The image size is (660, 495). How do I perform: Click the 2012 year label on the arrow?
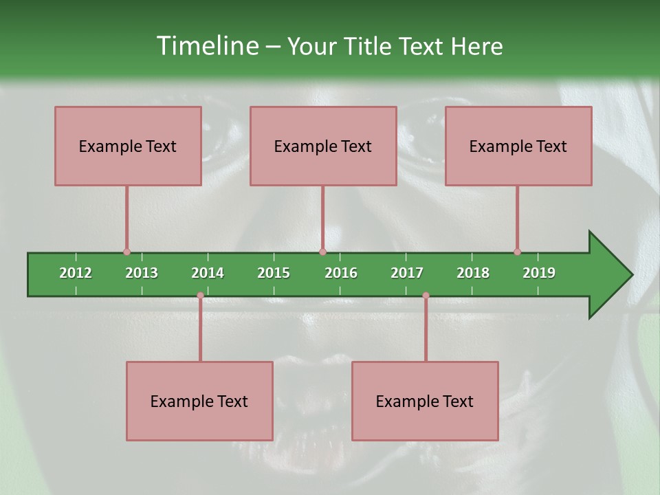(76, 273)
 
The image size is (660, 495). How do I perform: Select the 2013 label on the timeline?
(142, 273)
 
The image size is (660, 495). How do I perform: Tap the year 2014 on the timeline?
(208, 273)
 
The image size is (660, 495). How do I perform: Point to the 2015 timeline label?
(274, 273)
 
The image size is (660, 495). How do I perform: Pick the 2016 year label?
(341, 273)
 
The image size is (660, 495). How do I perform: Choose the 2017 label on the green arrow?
(407, 273)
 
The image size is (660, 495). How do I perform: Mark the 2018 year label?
(473, 273)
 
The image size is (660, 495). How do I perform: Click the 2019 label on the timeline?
(539, 273)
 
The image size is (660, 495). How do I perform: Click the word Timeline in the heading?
(207, 46)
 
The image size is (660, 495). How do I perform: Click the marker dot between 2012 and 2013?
(126, 252)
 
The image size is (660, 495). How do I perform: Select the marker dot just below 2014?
(200, 296)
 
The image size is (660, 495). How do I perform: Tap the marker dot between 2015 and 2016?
(322, 252)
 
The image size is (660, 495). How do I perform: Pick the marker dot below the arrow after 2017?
(426, 296)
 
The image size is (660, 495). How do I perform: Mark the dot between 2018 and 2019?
(517, 252)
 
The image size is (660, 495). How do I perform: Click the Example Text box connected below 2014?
(199, 401)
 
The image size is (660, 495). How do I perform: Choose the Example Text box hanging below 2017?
(425, 401)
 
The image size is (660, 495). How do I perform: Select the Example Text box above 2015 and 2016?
(323, 146)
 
